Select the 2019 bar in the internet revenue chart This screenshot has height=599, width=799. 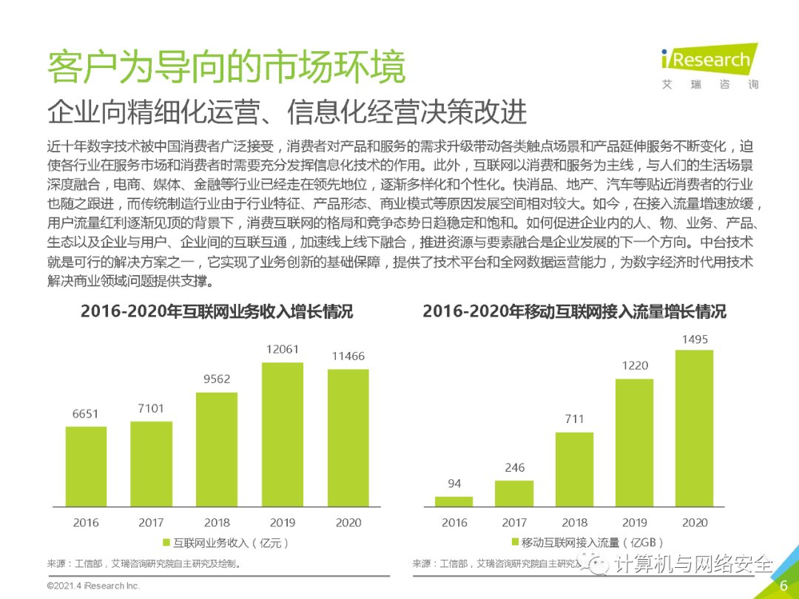pos(282,434)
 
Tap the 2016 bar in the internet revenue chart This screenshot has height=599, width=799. pos(86,467)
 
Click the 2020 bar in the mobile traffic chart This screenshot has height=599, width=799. pos(695,428)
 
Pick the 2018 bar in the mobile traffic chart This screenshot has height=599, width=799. pos(574,470)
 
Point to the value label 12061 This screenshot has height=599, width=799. pos(282,349)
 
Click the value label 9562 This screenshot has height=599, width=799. pos(217,379)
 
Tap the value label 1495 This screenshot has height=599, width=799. pos(695,339)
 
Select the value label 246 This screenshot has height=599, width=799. pos(514,467)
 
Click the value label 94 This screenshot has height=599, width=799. pos(454,484)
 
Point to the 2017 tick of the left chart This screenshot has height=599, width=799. pos(151,523)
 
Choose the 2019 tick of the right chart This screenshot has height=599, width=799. pos(634,523)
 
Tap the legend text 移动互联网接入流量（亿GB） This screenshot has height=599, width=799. pos(592,543)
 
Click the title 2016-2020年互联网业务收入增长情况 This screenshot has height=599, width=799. pos(217,312)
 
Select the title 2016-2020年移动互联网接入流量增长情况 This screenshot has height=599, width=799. pos(574,312)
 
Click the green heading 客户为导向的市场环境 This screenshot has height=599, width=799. pos(226,67)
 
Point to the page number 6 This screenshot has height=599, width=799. pos(783,586)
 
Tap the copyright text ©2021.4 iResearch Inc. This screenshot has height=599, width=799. pos(93,586)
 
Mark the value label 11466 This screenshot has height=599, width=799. pos(348,356)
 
